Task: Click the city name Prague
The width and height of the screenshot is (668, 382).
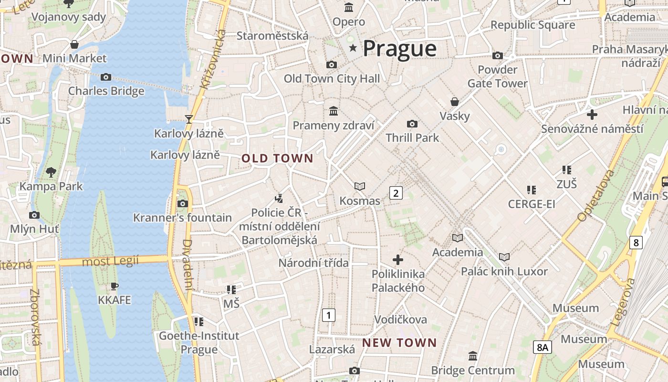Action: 399,48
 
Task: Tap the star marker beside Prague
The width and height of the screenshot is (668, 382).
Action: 353,48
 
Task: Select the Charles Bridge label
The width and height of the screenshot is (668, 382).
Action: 106,91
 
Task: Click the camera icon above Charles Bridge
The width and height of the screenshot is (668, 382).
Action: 106,77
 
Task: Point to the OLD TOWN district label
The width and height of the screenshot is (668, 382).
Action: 277,159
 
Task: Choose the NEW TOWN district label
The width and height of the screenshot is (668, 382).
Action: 399,342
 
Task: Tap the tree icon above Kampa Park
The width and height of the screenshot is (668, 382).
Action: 51,172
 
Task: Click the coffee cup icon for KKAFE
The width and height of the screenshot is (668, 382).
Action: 114,286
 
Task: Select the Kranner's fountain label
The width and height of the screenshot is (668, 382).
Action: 182,218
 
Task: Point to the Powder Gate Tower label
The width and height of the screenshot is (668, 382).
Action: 497,76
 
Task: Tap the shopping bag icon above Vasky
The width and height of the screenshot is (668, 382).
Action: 455,102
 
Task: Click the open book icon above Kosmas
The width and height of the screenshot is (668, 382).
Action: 360,186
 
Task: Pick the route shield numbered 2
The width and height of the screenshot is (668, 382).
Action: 396,193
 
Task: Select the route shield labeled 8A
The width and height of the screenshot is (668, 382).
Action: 542,347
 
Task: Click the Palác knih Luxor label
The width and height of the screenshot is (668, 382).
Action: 504,271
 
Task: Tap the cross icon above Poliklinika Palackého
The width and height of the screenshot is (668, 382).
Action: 398,260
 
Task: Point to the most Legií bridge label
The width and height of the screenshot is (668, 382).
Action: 110,261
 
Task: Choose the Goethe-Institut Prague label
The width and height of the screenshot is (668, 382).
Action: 199,342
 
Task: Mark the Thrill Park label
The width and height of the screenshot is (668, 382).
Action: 412,138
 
